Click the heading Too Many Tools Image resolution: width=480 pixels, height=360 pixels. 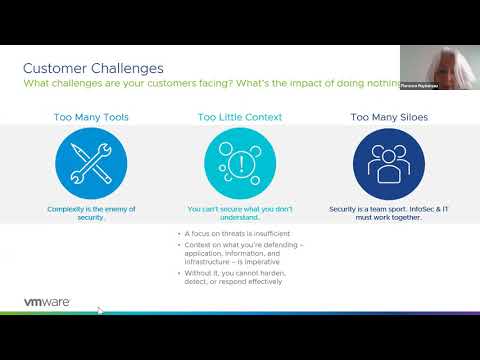[90, 117]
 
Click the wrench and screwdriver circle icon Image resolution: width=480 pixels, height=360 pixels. [90, 164]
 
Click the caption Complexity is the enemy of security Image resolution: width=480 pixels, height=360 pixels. [90, 213]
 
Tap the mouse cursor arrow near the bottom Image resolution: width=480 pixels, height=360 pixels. [99, 310]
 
